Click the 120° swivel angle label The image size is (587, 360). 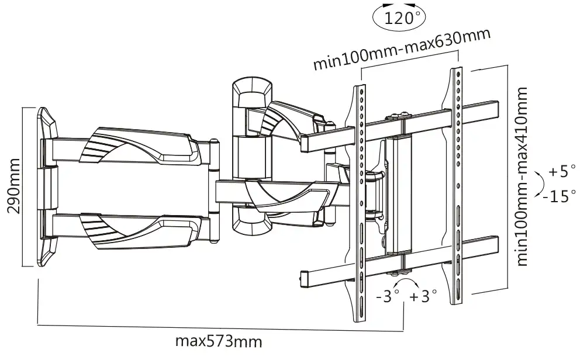coord(399,18)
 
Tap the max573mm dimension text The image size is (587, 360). coord(219,341)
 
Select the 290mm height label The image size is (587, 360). coord(14,186)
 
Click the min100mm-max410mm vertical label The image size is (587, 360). coord(522,176)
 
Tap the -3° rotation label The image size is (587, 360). coord(388,296)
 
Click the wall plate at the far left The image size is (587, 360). coord(47,187)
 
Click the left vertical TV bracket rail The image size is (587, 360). coord(360,204)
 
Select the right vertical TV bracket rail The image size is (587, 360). coord(457,185)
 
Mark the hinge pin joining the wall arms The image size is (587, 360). coord(214,191)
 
